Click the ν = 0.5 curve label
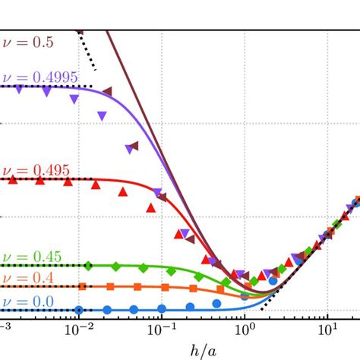27,44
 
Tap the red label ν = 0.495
33,170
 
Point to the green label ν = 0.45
30,256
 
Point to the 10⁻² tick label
79,329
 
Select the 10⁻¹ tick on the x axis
162,329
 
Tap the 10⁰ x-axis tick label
245,329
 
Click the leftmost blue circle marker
79,310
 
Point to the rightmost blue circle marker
273,302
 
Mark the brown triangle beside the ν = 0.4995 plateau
107,91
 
